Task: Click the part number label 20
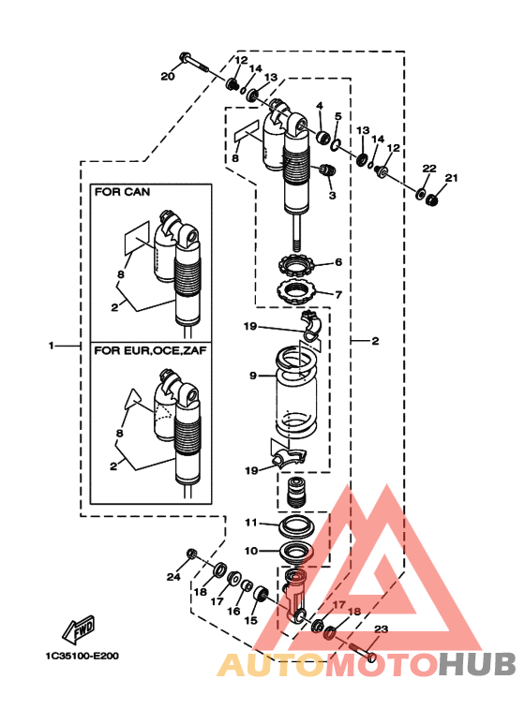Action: pyautogui.click(x=167, y=76)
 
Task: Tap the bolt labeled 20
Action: pyautogui.click(x=193, y=64)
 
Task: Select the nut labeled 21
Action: pyautogui.click(x=432, y=200)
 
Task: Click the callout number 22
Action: pyautogui.click(x=429, y=168)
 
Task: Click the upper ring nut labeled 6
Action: pyautogui.click(x=296, y=265)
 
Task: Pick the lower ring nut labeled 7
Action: pyautogui.click(x=296, y=292)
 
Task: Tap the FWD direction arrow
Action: pyautogui.click(x=79, y=629)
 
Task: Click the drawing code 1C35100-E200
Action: pyautogui.click(x=82, y=656)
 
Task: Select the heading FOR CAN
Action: pyautogui.click(x=122, y=192)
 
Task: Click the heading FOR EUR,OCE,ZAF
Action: pyautogui.click(x=150, y=350)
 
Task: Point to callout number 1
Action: pyautogui.click(x=52, y=346)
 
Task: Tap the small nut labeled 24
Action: pyautogui.click(x=191, y=554)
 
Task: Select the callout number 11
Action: pyautogui.click(x=251, y=523)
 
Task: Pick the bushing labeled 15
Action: pyautogui.click(x=261, y=594)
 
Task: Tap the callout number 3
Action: pyautogui.click(x=332, y=195)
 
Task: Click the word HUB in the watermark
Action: pyautogui.click(x=477, y=665)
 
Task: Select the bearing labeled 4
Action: pyautogui.click(x=322, y=137)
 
